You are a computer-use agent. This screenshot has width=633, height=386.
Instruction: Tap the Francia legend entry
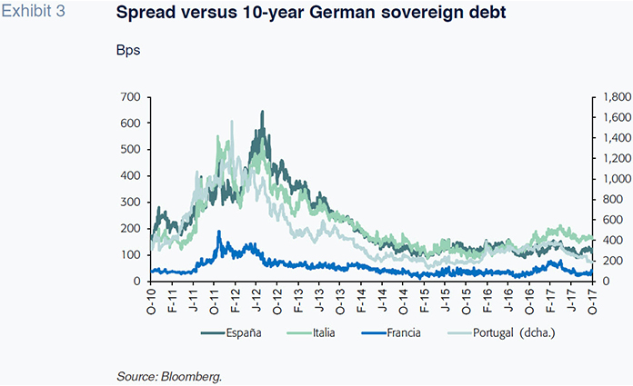[400, 333]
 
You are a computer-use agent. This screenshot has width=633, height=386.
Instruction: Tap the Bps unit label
[126, 50]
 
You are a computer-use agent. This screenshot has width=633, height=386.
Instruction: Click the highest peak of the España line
[263, 112]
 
